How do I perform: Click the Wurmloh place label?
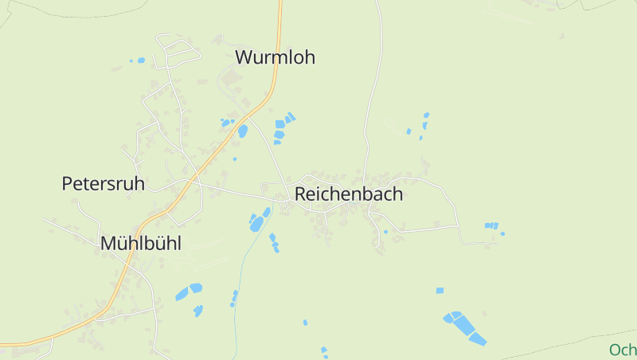275,57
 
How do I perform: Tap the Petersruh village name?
104,184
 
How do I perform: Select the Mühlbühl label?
140,244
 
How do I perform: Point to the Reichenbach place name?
349,194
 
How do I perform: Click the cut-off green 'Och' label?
623,350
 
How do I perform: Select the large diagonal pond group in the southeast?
464,327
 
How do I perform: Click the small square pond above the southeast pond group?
440,291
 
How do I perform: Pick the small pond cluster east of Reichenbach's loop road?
492,226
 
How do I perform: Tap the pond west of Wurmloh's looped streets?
141,60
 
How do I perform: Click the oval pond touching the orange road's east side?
242,131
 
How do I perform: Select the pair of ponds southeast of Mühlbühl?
189,291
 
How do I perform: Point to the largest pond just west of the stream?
256,225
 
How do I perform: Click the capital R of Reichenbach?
301,194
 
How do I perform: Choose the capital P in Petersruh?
68,184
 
